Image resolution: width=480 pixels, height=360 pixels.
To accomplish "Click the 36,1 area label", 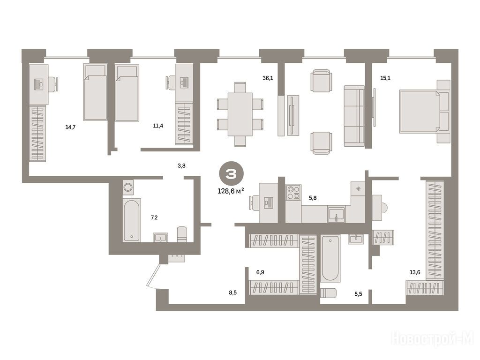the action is pyautogui.click(x=268, y=78).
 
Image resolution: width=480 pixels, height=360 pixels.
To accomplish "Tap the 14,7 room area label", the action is pyautogui.click(x=70, y=127).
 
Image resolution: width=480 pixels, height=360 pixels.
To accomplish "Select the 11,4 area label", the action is pyautogui.click(x=158, y=126).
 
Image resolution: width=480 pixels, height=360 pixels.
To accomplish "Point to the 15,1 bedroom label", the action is pyautogui.click(x=385, y=78).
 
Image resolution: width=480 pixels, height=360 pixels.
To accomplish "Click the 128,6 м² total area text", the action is pyautogui.click(x=231, y=191).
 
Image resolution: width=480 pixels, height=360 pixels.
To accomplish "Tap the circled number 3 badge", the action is pyautogui.click(x=231, y=174).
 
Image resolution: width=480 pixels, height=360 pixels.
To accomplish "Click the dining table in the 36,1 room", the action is pyautogui.click(x=240, y=114).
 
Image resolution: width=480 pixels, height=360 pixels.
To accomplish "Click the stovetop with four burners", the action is pyautogui.click(x=293, y=193).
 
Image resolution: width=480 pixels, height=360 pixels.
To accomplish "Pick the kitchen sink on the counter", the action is pyautogui.click(x=337, y=214).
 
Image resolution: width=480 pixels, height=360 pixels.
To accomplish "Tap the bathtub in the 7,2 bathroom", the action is pyautogui.click(x=132, y=220).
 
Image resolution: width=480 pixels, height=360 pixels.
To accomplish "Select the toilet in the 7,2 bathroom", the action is pyautogui.click(x=182, y=234).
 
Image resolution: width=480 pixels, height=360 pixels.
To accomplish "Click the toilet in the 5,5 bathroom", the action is pyautogui.click(x=328, y=293).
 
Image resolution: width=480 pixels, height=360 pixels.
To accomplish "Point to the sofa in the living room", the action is pyautogui.click(x=354, y=116).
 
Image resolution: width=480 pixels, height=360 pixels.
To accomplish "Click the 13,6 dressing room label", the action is pyautogui.click(x=415, y=272).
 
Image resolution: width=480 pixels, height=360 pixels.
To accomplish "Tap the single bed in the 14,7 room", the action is pyautogui.click(x=95, y=92).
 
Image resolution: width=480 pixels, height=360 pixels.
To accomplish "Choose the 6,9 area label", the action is pyautogui.click(x=260, y=272).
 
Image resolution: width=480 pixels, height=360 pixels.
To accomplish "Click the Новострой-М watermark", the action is pyautogui.click(x=433, y=339).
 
